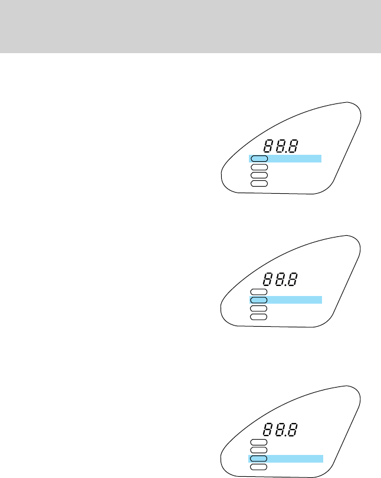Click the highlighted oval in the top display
point(259,158)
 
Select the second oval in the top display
point(259,167)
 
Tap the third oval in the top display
point(259,175)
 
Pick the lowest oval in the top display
point(259,184)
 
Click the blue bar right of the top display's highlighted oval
point(294,158)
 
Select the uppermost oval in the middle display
point(259,292)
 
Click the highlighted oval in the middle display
point(259,300)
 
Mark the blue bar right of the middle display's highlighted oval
point(295,300)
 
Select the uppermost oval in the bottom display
point(259,442)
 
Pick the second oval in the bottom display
point(259,450)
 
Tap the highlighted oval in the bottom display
point(259,459)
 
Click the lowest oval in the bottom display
point(259,467)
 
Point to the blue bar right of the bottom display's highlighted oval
point(295,459)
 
